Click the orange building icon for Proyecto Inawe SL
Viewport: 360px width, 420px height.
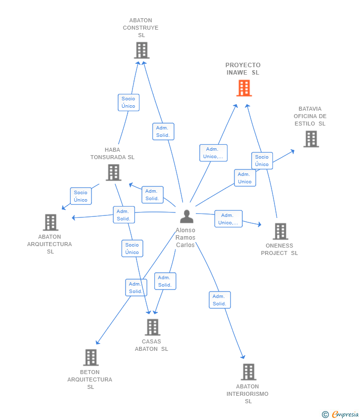244,88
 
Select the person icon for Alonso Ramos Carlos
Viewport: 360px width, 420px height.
186,216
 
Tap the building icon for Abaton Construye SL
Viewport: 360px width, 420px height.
141,50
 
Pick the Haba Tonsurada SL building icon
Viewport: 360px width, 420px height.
113,172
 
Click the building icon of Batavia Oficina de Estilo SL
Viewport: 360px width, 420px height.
311,139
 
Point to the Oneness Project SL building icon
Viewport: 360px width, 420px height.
280,231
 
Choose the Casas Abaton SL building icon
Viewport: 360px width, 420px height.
152,327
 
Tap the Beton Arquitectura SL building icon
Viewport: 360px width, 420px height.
90,358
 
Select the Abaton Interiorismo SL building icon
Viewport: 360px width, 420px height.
248,372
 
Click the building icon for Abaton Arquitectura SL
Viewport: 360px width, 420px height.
50,222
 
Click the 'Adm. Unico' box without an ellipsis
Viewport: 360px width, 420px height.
245,178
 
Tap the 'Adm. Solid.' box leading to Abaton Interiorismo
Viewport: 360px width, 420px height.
220,300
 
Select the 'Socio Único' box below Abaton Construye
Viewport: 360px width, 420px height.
129,102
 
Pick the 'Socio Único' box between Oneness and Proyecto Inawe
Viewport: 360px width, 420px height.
262,161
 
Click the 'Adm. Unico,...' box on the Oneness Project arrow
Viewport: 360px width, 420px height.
228,219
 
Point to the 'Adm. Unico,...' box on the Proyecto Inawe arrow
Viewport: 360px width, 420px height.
213,153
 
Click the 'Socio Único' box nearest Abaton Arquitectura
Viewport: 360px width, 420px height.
81,196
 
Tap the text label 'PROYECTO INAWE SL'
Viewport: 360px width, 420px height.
243,69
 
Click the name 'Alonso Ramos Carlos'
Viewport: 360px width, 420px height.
185,238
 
